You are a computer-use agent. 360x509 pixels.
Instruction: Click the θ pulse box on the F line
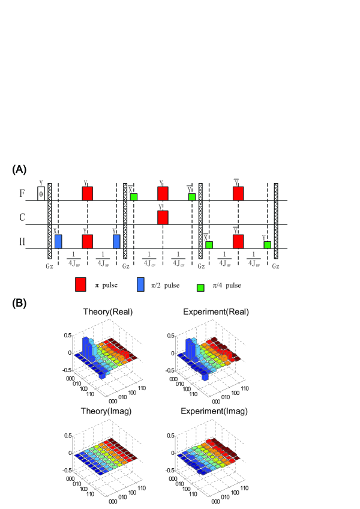click(x=41, y=193)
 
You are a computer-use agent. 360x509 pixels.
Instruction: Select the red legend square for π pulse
click(x=82, y=284)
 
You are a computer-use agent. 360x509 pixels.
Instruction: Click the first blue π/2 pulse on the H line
click(x=58, y=241)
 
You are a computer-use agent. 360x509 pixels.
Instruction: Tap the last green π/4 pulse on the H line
click(x=267, y=245)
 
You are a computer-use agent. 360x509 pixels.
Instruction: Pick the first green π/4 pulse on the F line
click(x=133, y=197)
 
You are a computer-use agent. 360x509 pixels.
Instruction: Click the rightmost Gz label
click(x=276, y=265)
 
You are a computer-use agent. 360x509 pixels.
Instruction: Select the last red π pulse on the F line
click(x=238, y=193)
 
